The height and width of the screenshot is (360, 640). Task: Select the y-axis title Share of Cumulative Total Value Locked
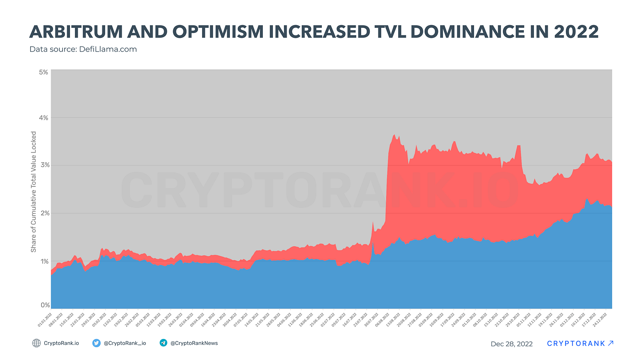33,192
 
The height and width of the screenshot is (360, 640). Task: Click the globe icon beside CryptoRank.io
37,343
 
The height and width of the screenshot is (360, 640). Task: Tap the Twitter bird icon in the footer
96,343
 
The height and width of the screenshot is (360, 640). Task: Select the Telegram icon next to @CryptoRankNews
163,343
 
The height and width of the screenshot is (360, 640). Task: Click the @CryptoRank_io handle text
125,343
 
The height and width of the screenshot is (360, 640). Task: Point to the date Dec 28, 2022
512,344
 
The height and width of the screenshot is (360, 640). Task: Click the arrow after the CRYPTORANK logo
611,343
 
